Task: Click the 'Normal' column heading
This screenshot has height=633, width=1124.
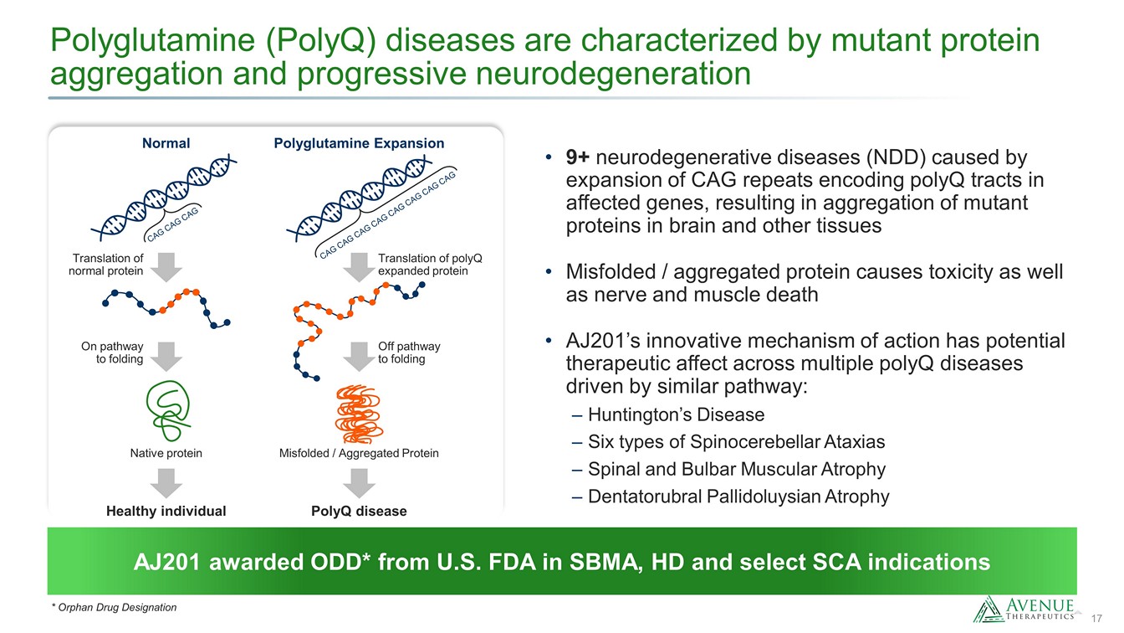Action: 166,143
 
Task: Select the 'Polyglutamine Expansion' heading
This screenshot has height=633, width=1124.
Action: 359,143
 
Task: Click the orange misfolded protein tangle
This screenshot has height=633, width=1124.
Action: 359,414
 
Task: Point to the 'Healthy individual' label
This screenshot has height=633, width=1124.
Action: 166,511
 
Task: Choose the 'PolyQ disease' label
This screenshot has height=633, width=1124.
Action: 359,511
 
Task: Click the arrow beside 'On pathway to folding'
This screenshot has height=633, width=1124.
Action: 166,357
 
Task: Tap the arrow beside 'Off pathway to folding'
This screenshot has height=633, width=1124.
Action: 359,357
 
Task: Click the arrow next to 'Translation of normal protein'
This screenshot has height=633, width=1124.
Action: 166,267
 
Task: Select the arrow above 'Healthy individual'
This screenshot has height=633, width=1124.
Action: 166,483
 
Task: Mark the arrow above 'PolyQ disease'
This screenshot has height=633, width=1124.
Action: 359,483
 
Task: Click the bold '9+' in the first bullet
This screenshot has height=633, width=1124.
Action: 578,157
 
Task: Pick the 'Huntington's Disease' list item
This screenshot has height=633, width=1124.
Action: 676,414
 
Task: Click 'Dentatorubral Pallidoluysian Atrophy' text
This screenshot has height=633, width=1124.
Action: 738,497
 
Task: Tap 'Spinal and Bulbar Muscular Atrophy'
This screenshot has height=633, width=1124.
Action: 737,469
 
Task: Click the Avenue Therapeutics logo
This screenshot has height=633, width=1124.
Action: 1024,609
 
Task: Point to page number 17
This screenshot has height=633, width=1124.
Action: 1096,618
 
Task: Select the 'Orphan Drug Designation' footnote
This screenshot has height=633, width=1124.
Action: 114,607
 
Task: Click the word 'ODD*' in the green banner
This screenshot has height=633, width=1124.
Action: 344,562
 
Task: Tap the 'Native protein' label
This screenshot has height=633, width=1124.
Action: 166,453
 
